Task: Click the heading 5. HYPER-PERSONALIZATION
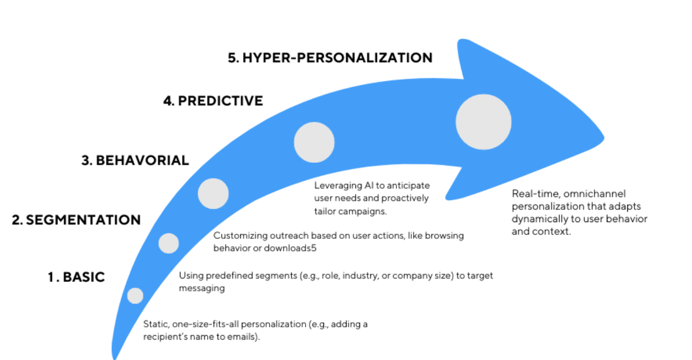[x=330, y=58]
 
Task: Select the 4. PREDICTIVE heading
[x=213, y=101]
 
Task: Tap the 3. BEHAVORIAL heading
[x=135, y=161]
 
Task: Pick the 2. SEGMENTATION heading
[x=76, y=220]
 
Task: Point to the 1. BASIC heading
[x=76, y=277]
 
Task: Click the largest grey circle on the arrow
[x=483, y=122]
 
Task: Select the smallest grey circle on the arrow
[x=135, y=296]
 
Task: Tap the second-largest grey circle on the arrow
[x=314, y=142]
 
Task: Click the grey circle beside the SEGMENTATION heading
[x=169, y=244]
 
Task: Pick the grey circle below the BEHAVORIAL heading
[x=213, y=194]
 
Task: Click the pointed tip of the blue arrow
[x=604, y=137]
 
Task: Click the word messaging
[x=202, y=289]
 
